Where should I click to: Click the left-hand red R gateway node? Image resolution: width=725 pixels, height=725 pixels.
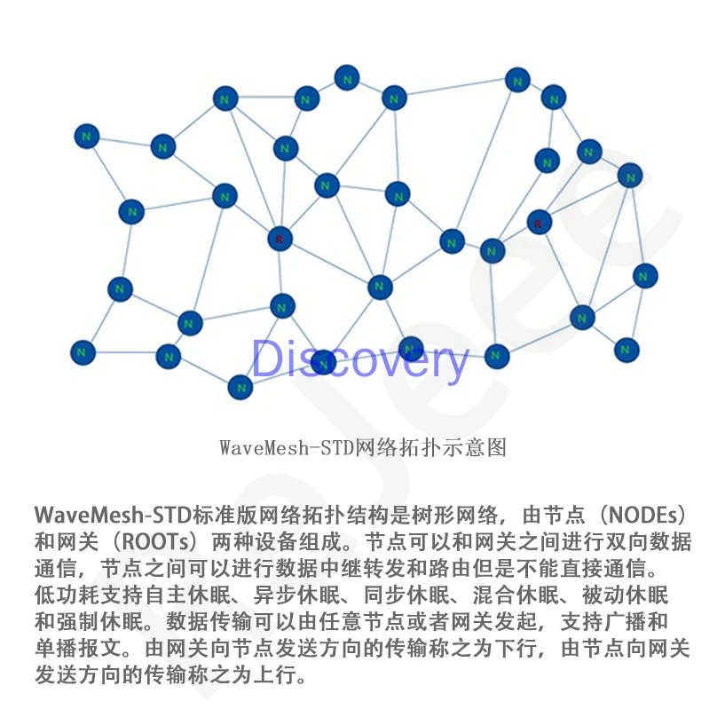pos(280,239)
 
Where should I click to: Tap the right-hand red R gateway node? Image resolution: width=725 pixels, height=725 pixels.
pos(539,222)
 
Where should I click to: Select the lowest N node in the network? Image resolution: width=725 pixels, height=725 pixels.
pos(240,387)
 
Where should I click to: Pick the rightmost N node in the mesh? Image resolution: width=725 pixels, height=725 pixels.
pos(645,276)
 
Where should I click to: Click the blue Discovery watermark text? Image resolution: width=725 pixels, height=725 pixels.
pos(359,359)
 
